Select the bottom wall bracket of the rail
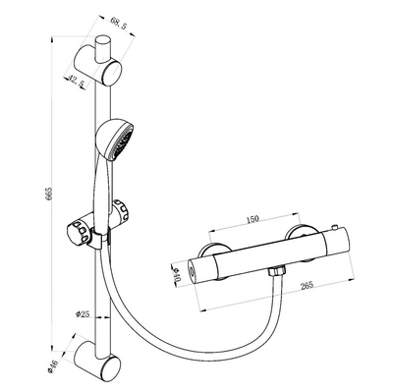103,361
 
